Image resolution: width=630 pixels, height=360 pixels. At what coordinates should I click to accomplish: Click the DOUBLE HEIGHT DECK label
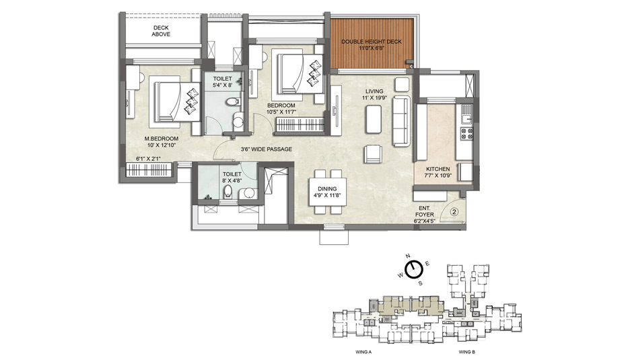pyautogui.click(x=372, y=42)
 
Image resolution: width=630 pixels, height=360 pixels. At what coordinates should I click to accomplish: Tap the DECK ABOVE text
pyautogui.click(x=161, y=31)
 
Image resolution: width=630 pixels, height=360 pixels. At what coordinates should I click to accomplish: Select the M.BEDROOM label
pyautogui.click(x=162, y=139)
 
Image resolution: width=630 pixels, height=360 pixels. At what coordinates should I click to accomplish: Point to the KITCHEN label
pyautogui.click(x=438, y=169)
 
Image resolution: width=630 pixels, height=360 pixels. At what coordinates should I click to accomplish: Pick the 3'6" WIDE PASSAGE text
pyautogui.click(x=267, y=149)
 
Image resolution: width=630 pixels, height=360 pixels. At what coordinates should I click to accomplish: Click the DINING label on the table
pyautogui.click(x=327, y=189)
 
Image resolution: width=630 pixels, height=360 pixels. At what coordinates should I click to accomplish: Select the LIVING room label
pyautogui.click(x=374, y=92)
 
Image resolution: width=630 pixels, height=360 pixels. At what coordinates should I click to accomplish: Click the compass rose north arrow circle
pyautogui.click(x=413, y=270)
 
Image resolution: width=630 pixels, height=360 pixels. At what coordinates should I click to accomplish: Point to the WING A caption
pyautogui.click(x=363, y=352)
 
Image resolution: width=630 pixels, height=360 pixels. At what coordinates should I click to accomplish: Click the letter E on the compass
pyautogui.click(x=427, y=264)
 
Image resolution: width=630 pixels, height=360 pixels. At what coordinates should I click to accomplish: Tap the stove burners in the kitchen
pyautogui.click(x=466, y=133)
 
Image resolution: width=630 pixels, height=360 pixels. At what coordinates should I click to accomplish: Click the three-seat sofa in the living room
pyautogui.click(x=402, y=121)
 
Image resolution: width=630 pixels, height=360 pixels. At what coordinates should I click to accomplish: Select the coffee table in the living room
pyautogui.click(x=374, y=119)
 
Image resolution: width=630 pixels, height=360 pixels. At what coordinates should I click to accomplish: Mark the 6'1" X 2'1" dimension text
pyautogui.click(x=148, y=159)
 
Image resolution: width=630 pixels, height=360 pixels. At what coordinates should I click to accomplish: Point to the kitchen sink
pyautogui.click(x=466, y=115)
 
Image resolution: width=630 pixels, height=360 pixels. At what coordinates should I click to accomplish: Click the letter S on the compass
pyautogui.click(x=420, y=283)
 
